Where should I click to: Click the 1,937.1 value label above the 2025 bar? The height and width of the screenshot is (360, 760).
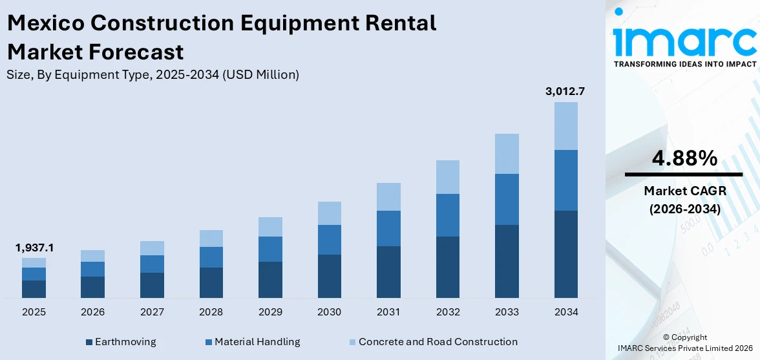pyautogui.click(x=34, y=248)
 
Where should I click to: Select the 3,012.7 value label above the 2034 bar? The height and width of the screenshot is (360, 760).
pyautogui.click(x=565, y=91)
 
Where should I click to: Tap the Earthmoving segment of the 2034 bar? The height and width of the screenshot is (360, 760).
pyautogui.click(x=565, y=254)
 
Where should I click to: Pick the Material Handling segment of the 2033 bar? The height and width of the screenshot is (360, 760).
pyautogui.click(x=507, y=199)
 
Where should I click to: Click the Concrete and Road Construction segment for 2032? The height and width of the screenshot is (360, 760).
pyautogui.click(x=448, y=177)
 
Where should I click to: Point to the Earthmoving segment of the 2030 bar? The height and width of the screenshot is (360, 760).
pyautogui.click(x=329, y=276)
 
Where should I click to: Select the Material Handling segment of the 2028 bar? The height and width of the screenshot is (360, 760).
pyautogui.click(x=211, y=257)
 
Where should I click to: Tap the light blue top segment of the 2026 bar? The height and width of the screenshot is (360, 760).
pyautogui.click(x=93, y=256)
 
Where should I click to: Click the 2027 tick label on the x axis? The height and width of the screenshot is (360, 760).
pyautogui.click(x=152, y=312)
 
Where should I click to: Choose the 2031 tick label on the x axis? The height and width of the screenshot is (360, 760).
pyautogui.click(x=388, y=312)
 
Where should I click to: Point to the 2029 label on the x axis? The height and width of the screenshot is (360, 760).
pyautogui.click(x=270, y=312)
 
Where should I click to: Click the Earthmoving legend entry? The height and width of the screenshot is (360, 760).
pyautogui.click(x=121, y=342)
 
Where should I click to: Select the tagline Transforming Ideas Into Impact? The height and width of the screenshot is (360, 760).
pyautogui.click(x=684, y=65)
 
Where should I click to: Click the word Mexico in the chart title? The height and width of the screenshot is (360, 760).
pyautogui.click(x=46, y=23)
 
